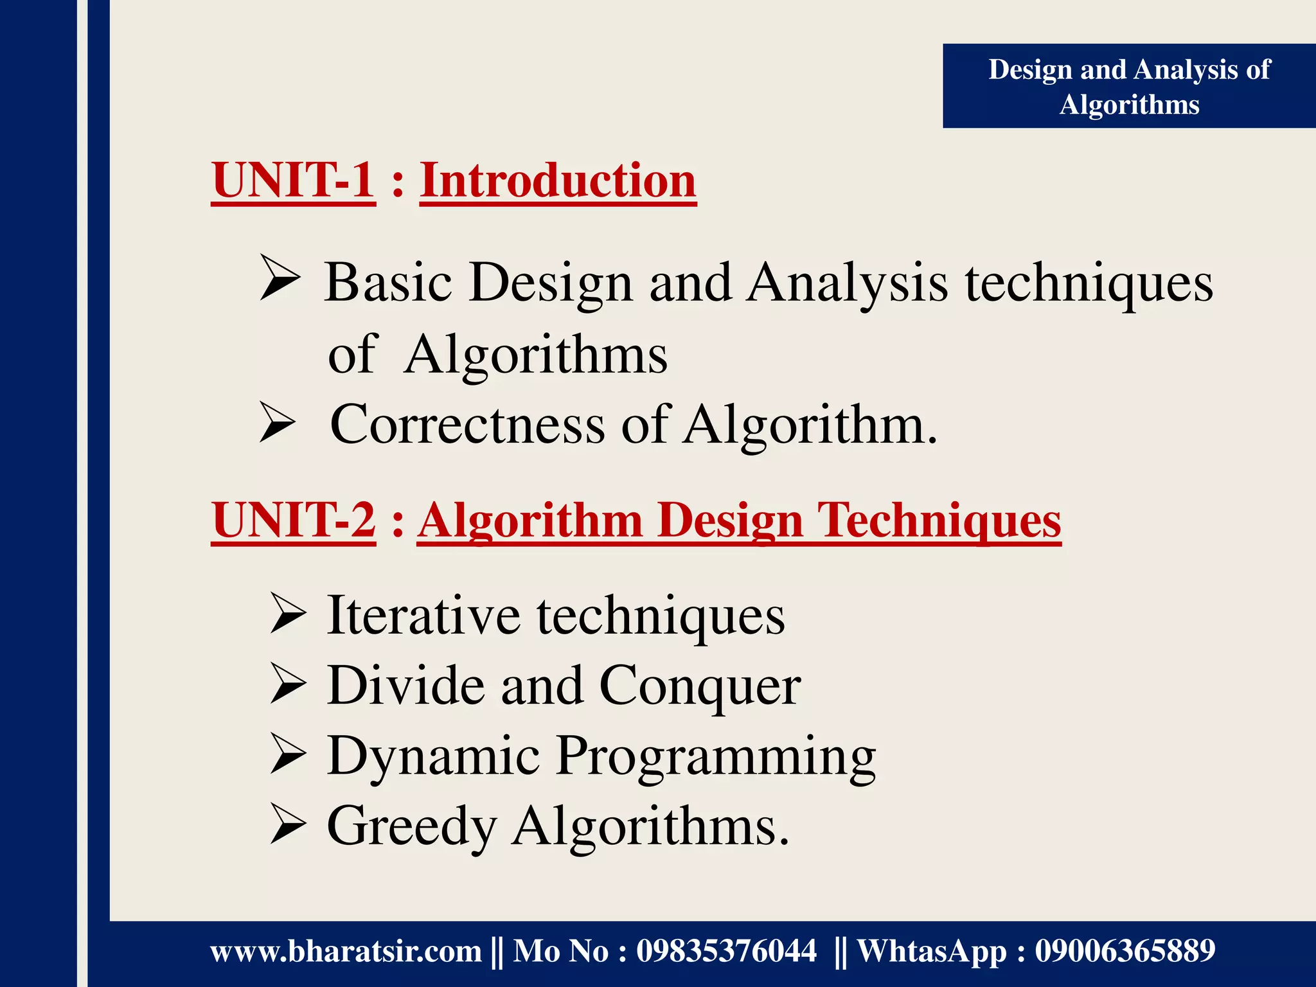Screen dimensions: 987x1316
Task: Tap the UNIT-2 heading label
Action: coord(293,520)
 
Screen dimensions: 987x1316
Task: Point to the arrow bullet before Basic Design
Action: coord(280,278)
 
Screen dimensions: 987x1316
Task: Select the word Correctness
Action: coord(467,425)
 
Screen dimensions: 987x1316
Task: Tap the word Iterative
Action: coord(423,616)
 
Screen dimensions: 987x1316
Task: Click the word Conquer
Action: coord(700,686)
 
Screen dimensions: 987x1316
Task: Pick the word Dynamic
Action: coord(433,756)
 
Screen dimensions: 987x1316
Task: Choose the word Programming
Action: coord(715,756)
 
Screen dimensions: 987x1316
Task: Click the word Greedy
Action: coord(411,827)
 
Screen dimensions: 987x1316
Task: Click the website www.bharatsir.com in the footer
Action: coord(346,951)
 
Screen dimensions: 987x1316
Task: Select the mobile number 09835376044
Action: coord(726,951)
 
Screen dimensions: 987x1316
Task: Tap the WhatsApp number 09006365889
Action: coord(1125,951)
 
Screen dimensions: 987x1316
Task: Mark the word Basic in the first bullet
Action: coord(388,283)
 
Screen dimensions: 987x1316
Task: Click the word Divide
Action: coord(405,686)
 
